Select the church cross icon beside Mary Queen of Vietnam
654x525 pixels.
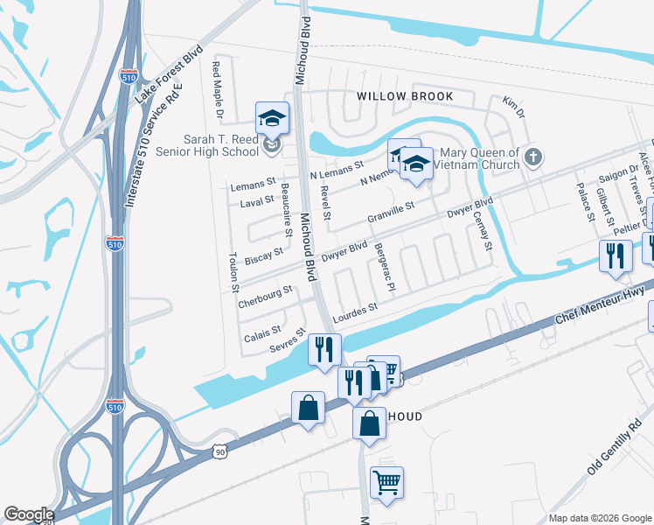tap(535, 157)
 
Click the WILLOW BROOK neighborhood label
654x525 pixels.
tap(404, 96)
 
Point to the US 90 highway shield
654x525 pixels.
tap(219, 450)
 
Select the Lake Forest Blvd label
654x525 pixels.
tap(170, 73)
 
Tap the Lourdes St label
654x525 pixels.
tap(354, 311)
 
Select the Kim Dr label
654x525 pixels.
tap(513, 107)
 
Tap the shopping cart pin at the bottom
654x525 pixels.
tap(386, 481)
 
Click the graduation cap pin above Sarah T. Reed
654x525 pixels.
tap(272, 119)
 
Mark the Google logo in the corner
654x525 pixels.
tap(28, 514)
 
